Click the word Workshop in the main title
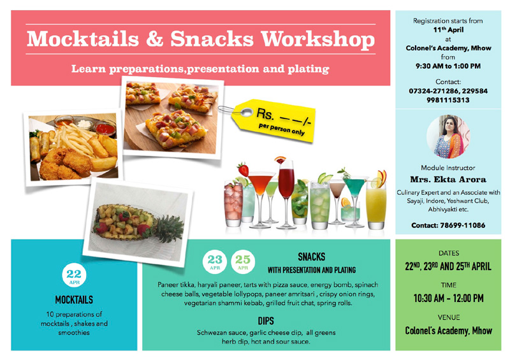[x=317, y=40]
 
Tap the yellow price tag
[x=275, y=120]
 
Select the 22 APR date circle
[x=74, y=275]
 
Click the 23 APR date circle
[x=215, y=261]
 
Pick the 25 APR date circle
[x=243, y=261]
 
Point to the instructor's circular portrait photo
[x=448, y=136]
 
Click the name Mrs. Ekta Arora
[x=448, y=179]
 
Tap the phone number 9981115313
[x=448, y=100]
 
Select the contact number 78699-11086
[x=463, y=225]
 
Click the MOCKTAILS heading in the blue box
[x=74, y=299]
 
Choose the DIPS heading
[x=266, y=321]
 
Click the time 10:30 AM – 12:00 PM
[x=448, y=298]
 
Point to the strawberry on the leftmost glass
[x=243, y=169]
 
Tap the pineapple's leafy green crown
[x=168, y=229]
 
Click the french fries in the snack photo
[x=76, y=140]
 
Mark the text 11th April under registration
[x=448, y=30]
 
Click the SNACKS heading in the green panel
[x=311, y=257]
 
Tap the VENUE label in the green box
[x=449, y=317]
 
